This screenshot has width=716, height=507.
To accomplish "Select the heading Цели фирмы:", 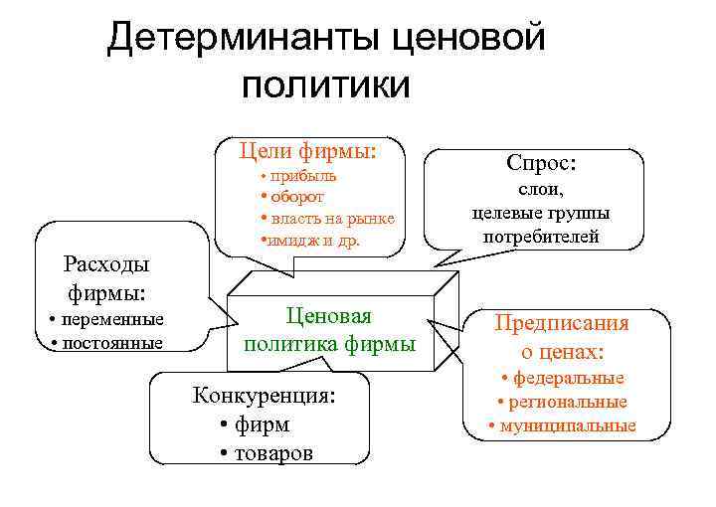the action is (x=308, y=152).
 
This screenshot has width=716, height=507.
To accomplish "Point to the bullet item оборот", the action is (x=295, y=196).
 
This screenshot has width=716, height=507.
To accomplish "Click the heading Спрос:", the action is (x=541, y=162).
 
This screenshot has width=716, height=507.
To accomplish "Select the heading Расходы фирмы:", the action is (x=106, y=278).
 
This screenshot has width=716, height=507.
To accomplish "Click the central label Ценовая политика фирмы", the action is (x=329, y=330).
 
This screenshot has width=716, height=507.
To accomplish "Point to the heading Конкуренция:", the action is (x=264, y=396).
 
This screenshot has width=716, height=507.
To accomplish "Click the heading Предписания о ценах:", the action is (x=562, y=337).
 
